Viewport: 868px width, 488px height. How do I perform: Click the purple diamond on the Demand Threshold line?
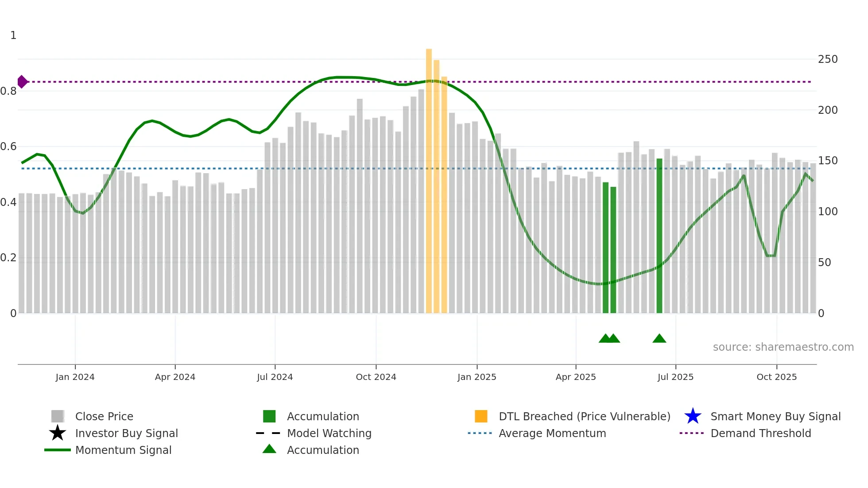click(x=22, y=82)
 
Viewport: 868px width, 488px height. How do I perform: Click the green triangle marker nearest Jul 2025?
click(x=659, y=339)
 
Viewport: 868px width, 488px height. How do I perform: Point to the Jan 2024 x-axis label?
click(x=75, y=377)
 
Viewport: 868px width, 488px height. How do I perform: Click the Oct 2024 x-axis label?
click(x=376, y=377)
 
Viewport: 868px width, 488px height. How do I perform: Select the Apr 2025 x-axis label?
click(x=576, y=377)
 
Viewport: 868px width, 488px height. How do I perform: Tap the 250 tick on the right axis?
click(x=828, y=59)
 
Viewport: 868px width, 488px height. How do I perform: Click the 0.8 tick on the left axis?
click(x=9, y=91)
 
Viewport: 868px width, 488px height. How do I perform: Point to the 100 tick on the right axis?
click(x=828, y=212)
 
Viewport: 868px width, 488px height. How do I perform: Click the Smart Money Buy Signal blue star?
click(x=693, y=416)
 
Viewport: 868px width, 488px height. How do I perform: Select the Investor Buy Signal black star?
click(x=58, y=433)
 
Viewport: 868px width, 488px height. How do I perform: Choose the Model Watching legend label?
click(x=329, y=433)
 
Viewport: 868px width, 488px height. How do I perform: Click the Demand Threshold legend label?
click(x=760, y=433)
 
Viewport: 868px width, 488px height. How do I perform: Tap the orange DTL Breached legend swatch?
click(x=481, y=416)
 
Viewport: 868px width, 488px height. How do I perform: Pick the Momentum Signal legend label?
click(x=123, y=450)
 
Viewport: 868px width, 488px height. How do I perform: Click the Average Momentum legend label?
click(x=552, y=433)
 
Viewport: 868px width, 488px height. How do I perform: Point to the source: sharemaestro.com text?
click(x=783, y=347)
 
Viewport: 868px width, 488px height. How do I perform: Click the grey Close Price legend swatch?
click(x=58, y=416)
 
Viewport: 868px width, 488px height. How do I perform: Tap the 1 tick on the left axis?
click(x=13, y=35)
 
